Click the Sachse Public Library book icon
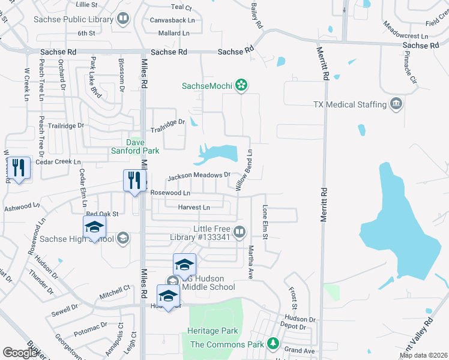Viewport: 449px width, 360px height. (x=123, y=19)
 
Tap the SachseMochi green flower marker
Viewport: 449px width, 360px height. (x=241, y=86)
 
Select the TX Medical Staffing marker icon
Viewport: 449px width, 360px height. (x=396, y=104)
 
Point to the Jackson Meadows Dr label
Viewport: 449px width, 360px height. (x=199, y=176)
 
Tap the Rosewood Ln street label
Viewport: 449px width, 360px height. (x=170, y=193)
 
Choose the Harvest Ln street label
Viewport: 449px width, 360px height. (x=194, y=208)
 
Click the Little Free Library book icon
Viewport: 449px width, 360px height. (x=240, y=232)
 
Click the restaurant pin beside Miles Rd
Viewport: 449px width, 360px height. (x=133, y=180)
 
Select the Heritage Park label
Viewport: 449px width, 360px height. (x=212, y=331)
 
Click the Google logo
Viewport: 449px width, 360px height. (x=20, y=353)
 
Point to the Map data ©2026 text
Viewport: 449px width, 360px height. (x=423, y=355)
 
